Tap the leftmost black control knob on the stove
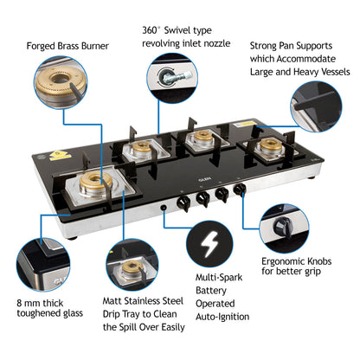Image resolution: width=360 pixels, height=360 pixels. (184, 203)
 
